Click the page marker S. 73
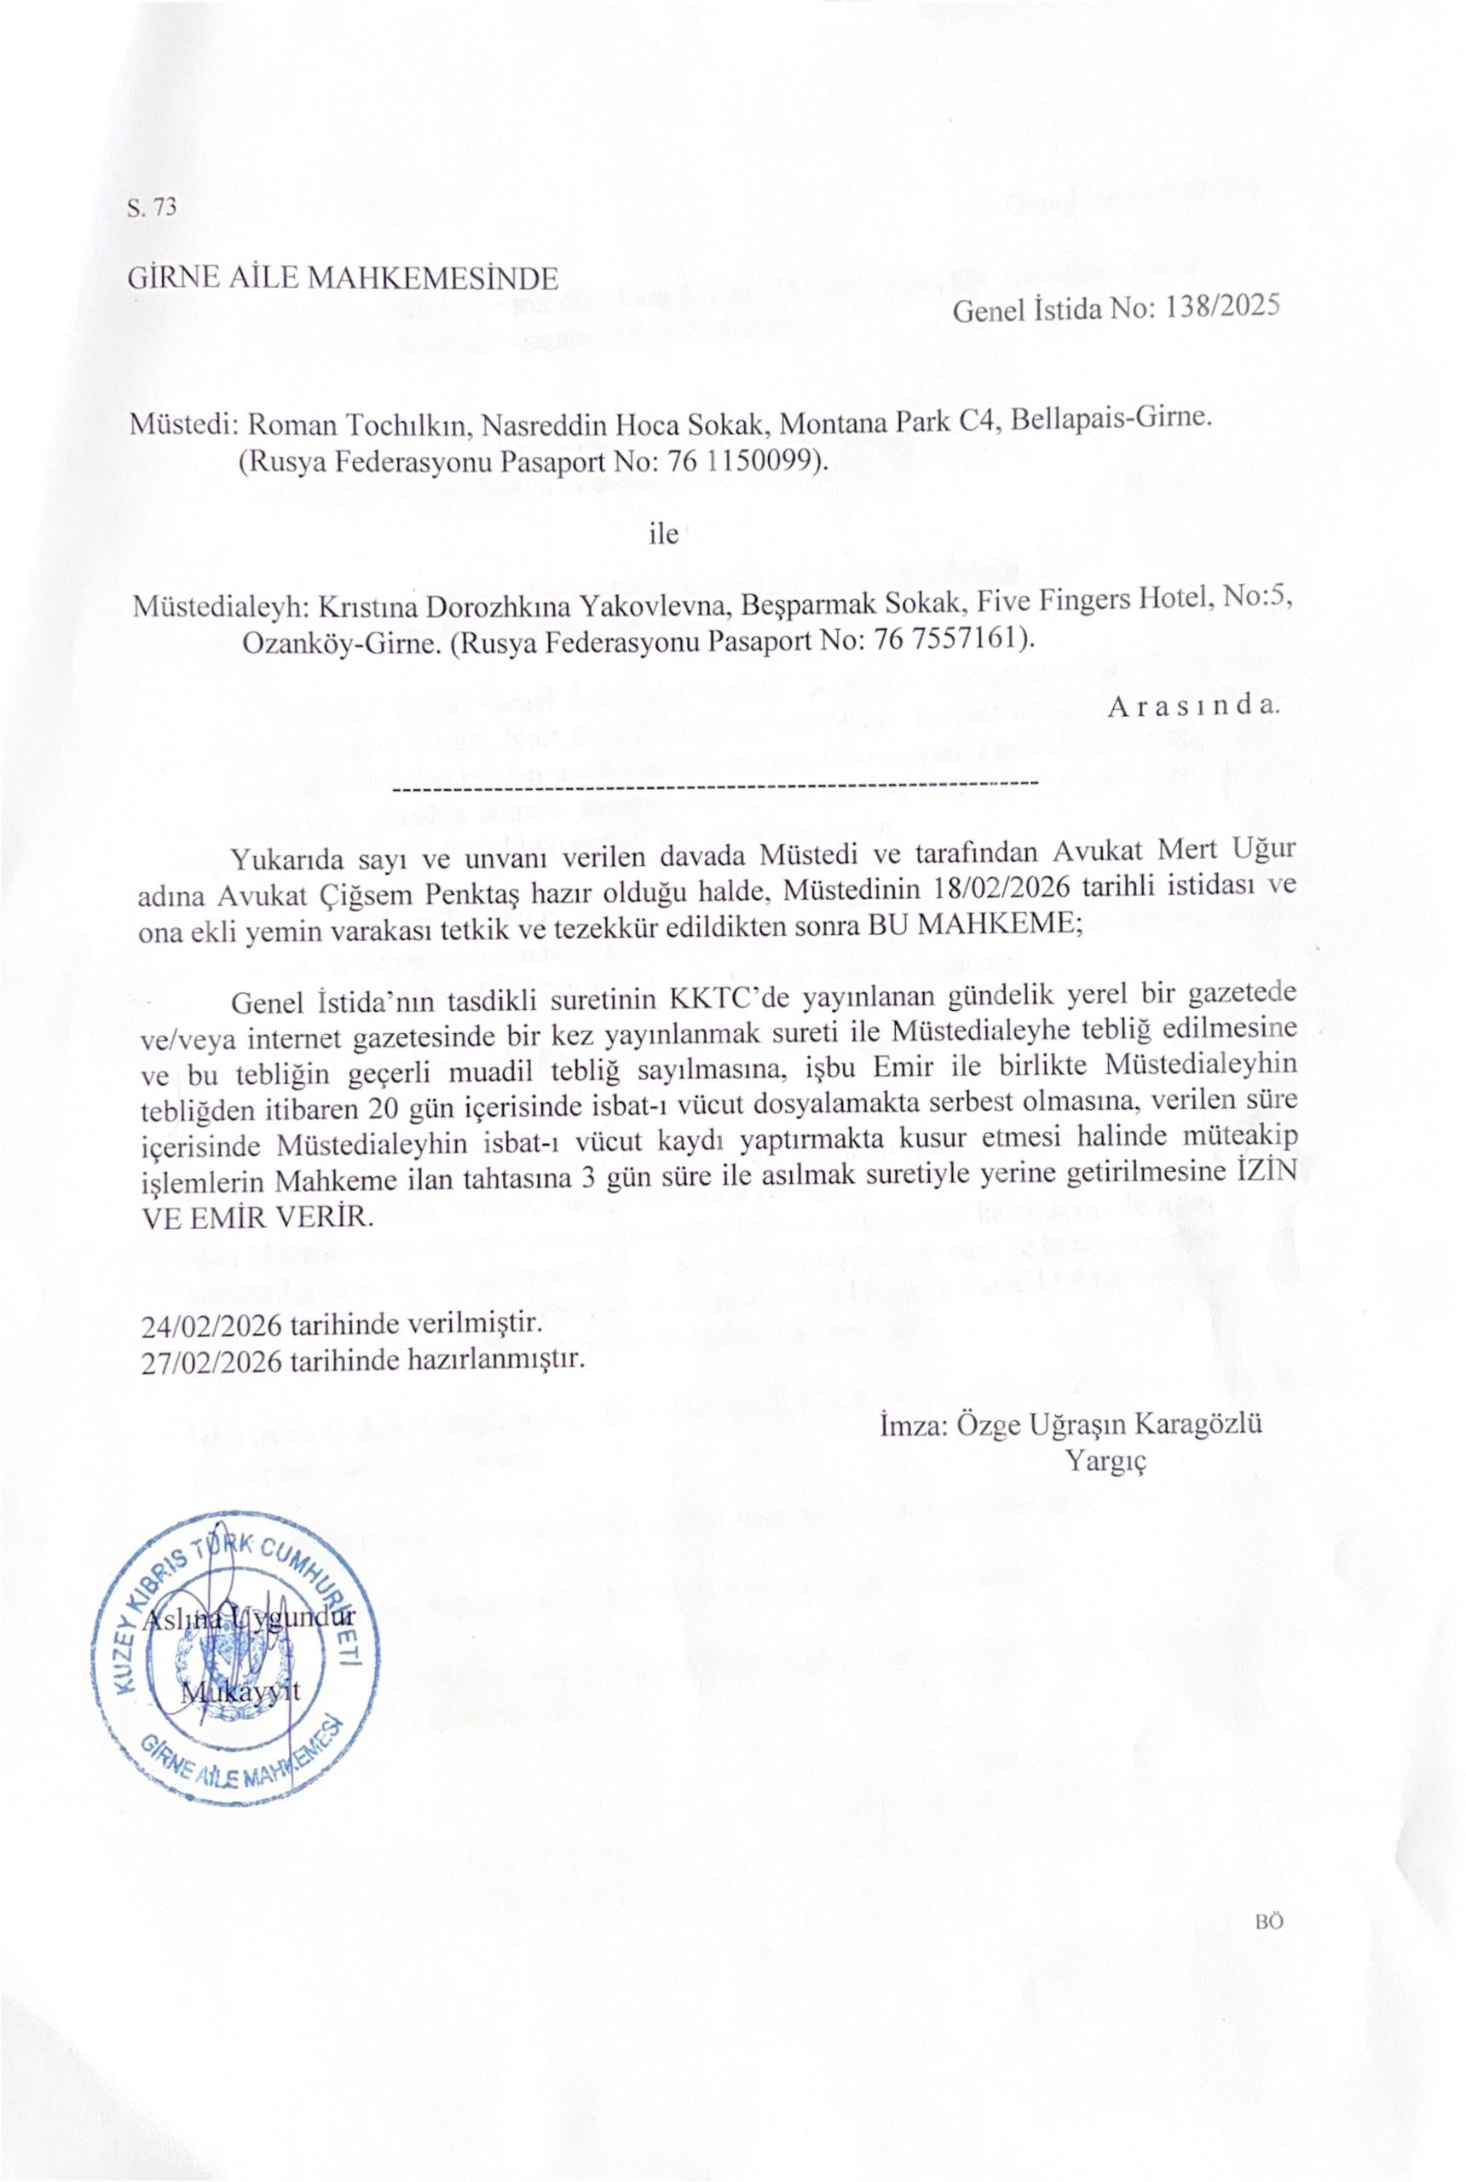click(151, 207)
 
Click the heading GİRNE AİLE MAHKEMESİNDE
click(343, 279)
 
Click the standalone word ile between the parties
click(663, 534)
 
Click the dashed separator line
click(716, 782)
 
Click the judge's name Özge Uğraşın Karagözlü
click(1122, 1425)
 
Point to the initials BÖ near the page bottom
click(1269, 1920)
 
